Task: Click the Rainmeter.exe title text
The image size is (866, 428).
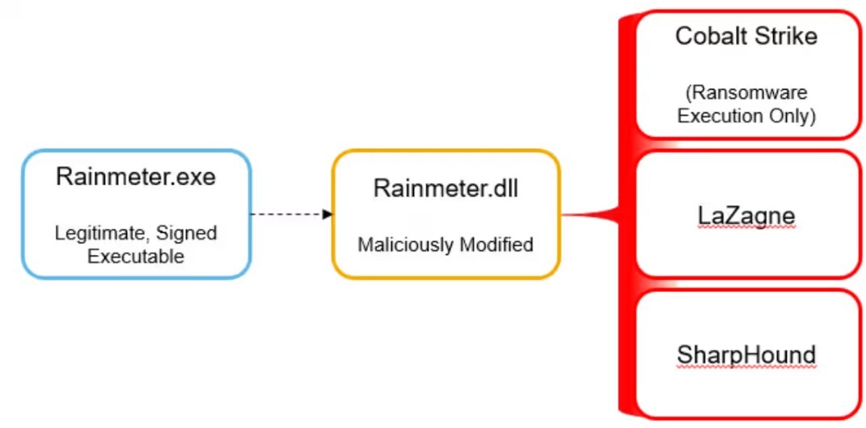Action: tap(136, 177)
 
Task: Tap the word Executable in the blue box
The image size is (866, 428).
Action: tap(136, 256)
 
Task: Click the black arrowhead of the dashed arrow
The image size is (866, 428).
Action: tap(327, 214)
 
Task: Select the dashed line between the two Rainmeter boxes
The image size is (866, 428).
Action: tap(287, 214)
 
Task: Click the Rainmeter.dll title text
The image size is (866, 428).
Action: tap(446, 189)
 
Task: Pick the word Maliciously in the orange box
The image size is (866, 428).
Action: tap(403, 244)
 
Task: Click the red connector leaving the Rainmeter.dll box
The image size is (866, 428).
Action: tap(586, 214)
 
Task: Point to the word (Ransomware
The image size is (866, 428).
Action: tap(746, 93)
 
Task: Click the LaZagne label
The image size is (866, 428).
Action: tap(746, 215)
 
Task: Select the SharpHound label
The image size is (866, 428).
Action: tap(746, 354)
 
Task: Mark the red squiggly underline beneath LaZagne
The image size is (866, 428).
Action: tap(746, 230)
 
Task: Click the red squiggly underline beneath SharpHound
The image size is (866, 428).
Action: tap(746, 368)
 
